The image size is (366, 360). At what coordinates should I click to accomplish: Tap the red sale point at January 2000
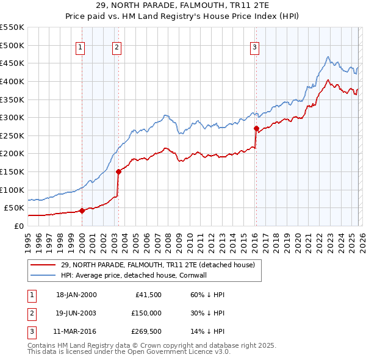point(82,211)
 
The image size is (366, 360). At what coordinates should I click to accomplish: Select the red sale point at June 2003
point(118,171)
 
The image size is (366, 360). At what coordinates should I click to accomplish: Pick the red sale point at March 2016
point(256,128)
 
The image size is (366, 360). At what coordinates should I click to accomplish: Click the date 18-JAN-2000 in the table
point(76,295)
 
